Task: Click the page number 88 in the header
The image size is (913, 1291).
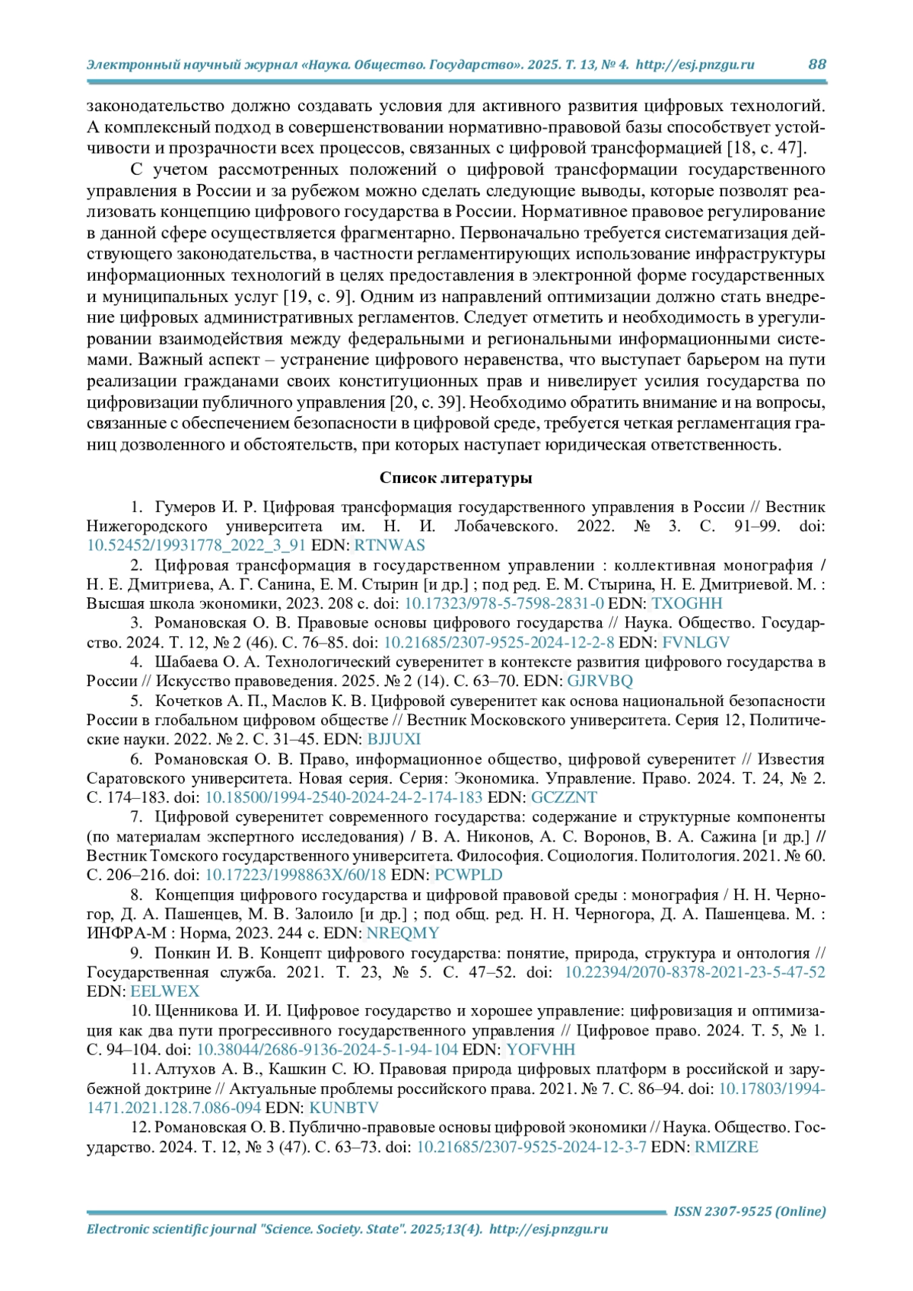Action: pos(816,65)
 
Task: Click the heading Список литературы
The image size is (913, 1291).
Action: pos(456,478)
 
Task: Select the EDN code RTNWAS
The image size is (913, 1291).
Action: pos(390,545)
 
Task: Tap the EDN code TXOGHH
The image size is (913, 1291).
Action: pos(687,603)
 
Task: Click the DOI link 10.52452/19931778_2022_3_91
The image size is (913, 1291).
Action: pos(196,545)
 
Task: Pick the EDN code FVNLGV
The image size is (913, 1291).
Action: pos(695,642)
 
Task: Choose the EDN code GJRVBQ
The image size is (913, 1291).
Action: pos(600,681)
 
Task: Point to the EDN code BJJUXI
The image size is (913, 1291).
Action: pos(393,739)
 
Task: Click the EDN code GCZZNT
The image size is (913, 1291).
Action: pos(564,797)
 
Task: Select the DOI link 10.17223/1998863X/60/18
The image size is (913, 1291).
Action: pos(295,875)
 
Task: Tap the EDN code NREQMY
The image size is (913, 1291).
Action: pos(402,933)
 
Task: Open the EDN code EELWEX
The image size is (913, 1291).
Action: pos(164,991)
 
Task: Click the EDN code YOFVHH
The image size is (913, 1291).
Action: pos(541,1050)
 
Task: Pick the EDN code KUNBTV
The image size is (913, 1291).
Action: pos(343,1108)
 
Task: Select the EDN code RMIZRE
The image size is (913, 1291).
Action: pos(726,1146)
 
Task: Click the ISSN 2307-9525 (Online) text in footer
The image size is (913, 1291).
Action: pos(749,1211)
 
